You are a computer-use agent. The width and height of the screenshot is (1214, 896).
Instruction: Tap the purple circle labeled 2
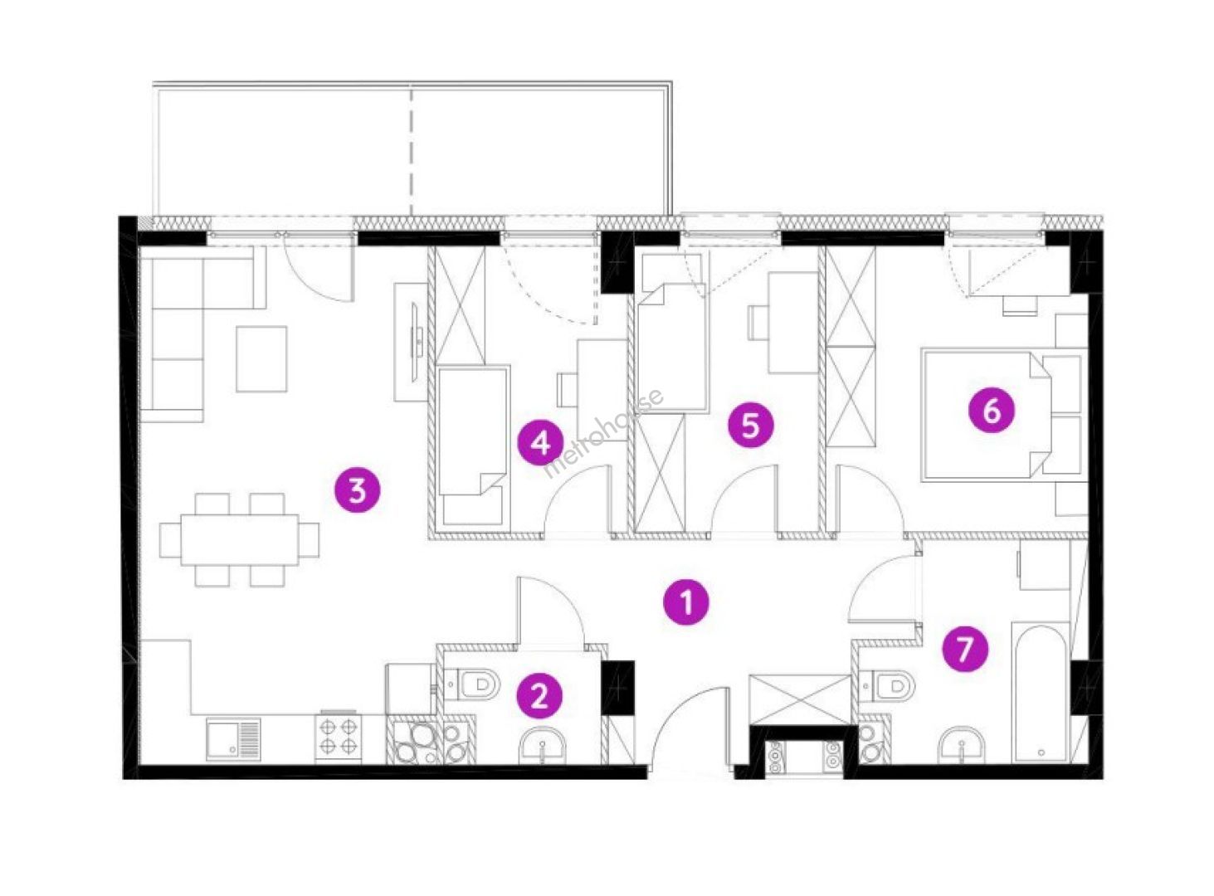(539, 697)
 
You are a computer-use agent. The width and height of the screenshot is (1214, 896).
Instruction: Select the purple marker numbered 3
(357, 489)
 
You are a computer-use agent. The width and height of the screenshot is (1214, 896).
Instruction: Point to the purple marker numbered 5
(750, 425)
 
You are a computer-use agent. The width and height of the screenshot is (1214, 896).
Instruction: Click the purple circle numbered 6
(992, 410)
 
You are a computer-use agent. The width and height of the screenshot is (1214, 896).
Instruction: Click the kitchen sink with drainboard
(233, 739)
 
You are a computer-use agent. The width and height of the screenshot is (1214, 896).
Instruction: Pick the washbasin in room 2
(543, 745)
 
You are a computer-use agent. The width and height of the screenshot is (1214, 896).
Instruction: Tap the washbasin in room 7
(962, 745)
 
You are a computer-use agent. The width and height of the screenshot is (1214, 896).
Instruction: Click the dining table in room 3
(239, 540)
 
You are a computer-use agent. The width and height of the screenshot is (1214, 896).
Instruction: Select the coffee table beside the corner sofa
(261, 359)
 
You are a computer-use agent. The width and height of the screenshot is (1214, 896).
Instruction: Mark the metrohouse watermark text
(604, 434)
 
